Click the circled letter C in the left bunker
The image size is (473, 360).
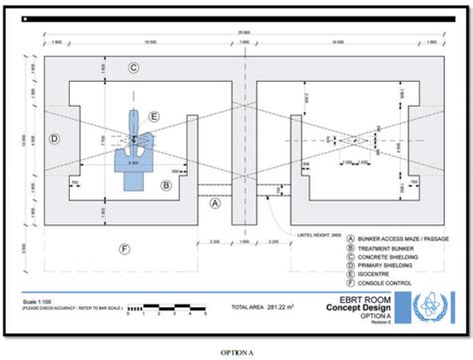[x=133, y=68]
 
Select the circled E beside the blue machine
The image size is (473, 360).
[x=154, y=117]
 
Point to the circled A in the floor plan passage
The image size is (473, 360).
[x=214, y=202]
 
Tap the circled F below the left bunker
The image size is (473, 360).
[x=124, y=247]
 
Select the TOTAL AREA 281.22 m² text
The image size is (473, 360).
[x=266, y=306]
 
